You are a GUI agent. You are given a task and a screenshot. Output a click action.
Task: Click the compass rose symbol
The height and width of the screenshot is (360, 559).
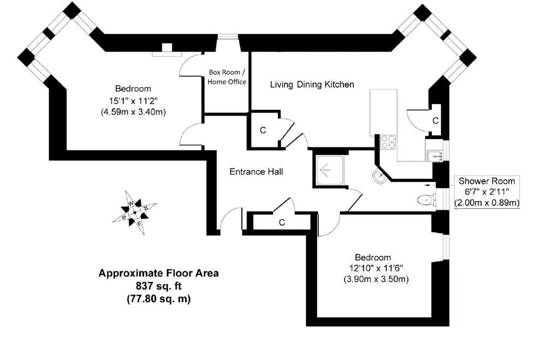click(135, 213)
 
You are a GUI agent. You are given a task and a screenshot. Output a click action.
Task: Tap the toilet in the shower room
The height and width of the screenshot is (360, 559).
click(426, 200)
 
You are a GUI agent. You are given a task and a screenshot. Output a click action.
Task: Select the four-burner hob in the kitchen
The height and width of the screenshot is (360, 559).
click(389, 142)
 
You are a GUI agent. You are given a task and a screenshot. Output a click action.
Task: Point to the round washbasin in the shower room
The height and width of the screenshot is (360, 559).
click(380, 176)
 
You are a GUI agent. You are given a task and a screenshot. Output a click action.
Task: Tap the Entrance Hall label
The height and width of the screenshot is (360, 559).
click(257, 172)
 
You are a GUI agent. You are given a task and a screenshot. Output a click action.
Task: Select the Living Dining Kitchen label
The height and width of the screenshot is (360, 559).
click(312, 85)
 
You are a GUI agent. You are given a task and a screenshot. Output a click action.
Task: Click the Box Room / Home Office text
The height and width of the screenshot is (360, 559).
click(227, 77)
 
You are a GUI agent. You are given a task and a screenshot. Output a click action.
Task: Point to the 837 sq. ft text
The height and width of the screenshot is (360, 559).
click(159, 286)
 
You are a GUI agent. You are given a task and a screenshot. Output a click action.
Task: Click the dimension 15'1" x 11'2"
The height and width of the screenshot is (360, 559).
click(133, 100)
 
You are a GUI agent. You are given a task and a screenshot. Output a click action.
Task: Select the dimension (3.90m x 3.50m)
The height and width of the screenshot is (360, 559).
click(376, 279)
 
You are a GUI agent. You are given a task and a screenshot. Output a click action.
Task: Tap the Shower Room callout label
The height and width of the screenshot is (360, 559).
click(486, 191)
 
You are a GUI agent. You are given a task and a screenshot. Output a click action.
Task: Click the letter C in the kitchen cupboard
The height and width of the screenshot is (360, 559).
click(435, 121)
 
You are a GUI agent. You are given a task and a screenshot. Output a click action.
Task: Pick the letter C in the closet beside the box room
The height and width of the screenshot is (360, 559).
click(263, 130)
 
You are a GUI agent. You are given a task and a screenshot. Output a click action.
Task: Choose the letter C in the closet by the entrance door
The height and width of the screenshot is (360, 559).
click(282, 223)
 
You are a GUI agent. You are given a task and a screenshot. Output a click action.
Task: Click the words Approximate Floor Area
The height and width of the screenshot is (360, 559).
click(159, 273)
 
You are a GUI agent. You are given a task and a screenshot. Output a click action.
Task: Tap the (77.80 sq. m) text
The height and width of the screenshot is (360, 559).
click(159, 299)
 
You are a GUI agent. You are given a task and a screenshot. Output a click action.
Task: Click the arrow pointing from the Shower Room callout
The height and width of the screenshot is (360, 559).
click(431, 185)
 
